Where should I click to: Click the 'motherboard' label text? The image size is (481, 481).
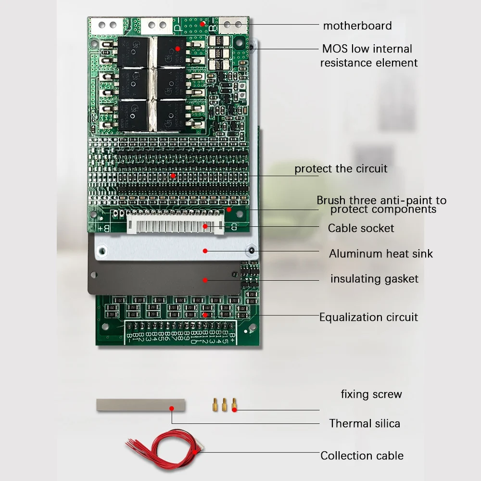click(357, 25)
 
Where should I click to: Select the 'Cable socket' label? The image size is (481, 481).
click(361, 228)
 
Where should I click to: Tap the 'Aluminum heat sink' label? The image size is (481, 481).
click(380, 253)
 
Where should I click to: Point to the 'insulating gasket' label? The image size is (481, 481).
click(374, 278)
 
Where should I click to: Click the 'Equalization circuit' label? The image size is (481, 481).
click(368, 317)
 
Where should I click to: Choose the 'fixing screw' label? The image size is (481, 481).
click(371, 394)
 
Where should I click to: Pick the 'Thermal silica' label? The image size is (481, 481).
click(365, 423)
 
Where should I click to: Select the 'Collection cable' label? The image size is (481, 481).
click(362, 456)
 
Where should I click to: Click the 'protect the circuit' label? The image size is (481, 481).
click(341, 169)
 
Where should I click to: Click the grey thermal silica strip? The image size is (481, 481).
click(140, 405)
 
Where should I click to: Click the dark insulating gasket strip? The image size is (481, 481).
click(164, 279)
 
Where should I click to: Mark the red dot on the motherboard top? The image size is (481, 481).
click(203, 23)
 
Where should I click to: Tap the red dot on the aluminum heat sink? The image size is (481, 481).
click(205, 250)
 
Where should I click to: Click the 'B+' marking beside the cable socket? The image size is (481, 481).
click(103, 227)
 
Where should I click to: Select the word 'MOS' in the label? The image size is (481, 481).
click(335, 49)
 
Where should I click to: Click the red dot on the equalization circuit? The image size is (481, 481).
click(205, 315)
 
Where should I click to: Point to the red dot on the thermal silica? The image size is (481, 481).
click(172, 408)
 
